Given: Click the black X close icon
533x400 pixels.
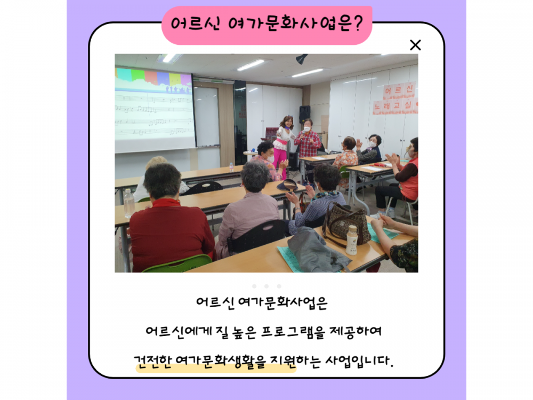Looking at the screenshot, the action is click(x=415, y=45).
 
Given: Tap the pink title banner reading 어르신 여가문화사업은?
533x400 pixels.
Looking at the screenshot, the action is click(x=267, y=25).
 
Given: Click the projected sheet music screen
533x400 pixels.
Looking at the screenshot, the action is click(x=155, y=109).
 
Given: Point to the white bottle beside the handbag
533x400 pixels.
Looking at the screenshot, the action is click(x=352, y=240).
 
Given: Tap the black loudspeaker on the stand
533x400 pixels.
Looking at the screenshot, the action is click(x=304, y=114).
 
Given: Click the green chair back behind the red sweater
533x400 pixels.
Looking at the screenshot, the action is click(x=178, y=264).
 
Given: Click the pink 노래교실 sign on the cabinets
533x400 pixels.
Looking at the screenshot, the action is click(x=394, y=106).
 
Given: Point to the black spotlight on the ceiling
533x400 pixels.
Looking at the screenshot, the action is click(x=301, y=59).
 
